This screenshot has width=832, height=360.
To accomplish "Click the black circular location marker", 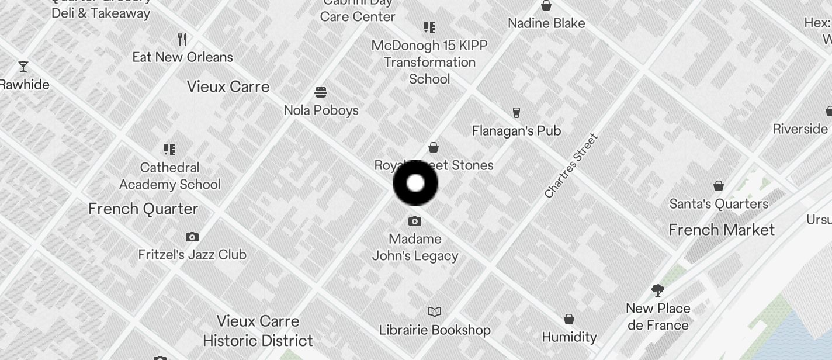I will (x=415, y=183).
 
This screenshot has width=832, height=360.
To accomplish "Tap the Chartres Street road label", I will (x=571, y=166).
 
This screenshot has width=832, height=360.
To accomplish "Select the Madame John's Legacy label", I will (x=415, y=247).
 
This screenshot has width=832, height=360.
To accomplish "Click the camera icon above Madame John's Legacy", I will (x=415, y=221).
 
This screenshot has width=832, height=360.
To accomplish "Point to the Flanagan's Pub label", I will (x=516, y=131).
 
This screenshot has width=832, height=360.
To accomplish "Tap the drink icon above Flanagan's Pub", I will (x=516, y=112).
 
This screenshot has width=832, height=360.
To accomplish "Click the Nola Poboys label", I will (x=321, y=110).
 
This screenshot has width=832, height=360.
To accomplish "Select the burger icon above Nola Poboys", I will (x=320, y=92).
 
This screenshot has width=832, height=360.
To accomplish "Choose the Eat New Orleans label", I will (x=182, y=57).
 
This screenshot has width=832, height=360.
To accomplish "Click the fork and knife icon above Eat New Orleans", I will (x=182, y=39).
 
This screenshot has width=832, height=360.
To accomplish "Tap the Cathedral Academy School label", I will (x=170, y=176).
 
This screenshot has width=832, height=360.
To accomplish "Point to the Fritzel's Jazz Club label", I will (x=192, y=255).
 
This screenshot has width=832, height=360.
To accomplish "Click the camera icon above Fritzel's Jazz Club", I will (x=192, y=237).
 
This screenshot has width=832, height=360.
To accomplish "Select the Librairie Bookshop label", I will (x=435, y=330).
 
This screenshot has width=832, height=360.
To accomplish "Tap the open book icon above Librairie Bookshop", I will (x=435, y=311).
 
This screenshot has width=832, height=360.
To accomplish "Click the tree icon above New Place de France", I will (x=658, y=290).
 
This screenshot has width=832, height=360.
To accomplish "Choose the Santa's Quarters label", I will (x=719, y=204).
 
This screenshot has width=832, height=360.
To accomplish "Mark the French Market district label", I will (x=722, y=230).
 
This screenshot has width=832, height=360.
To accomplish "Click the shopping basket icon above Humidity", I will (x=569, y=319).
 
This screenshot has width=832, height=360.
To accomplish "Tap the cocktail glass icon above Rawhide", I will (x=23, y=66).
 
